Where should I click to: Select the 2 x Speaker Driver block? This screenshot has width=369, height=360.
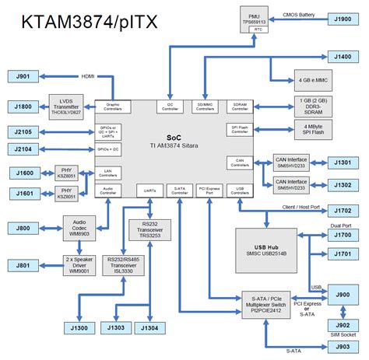[81, 264]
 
